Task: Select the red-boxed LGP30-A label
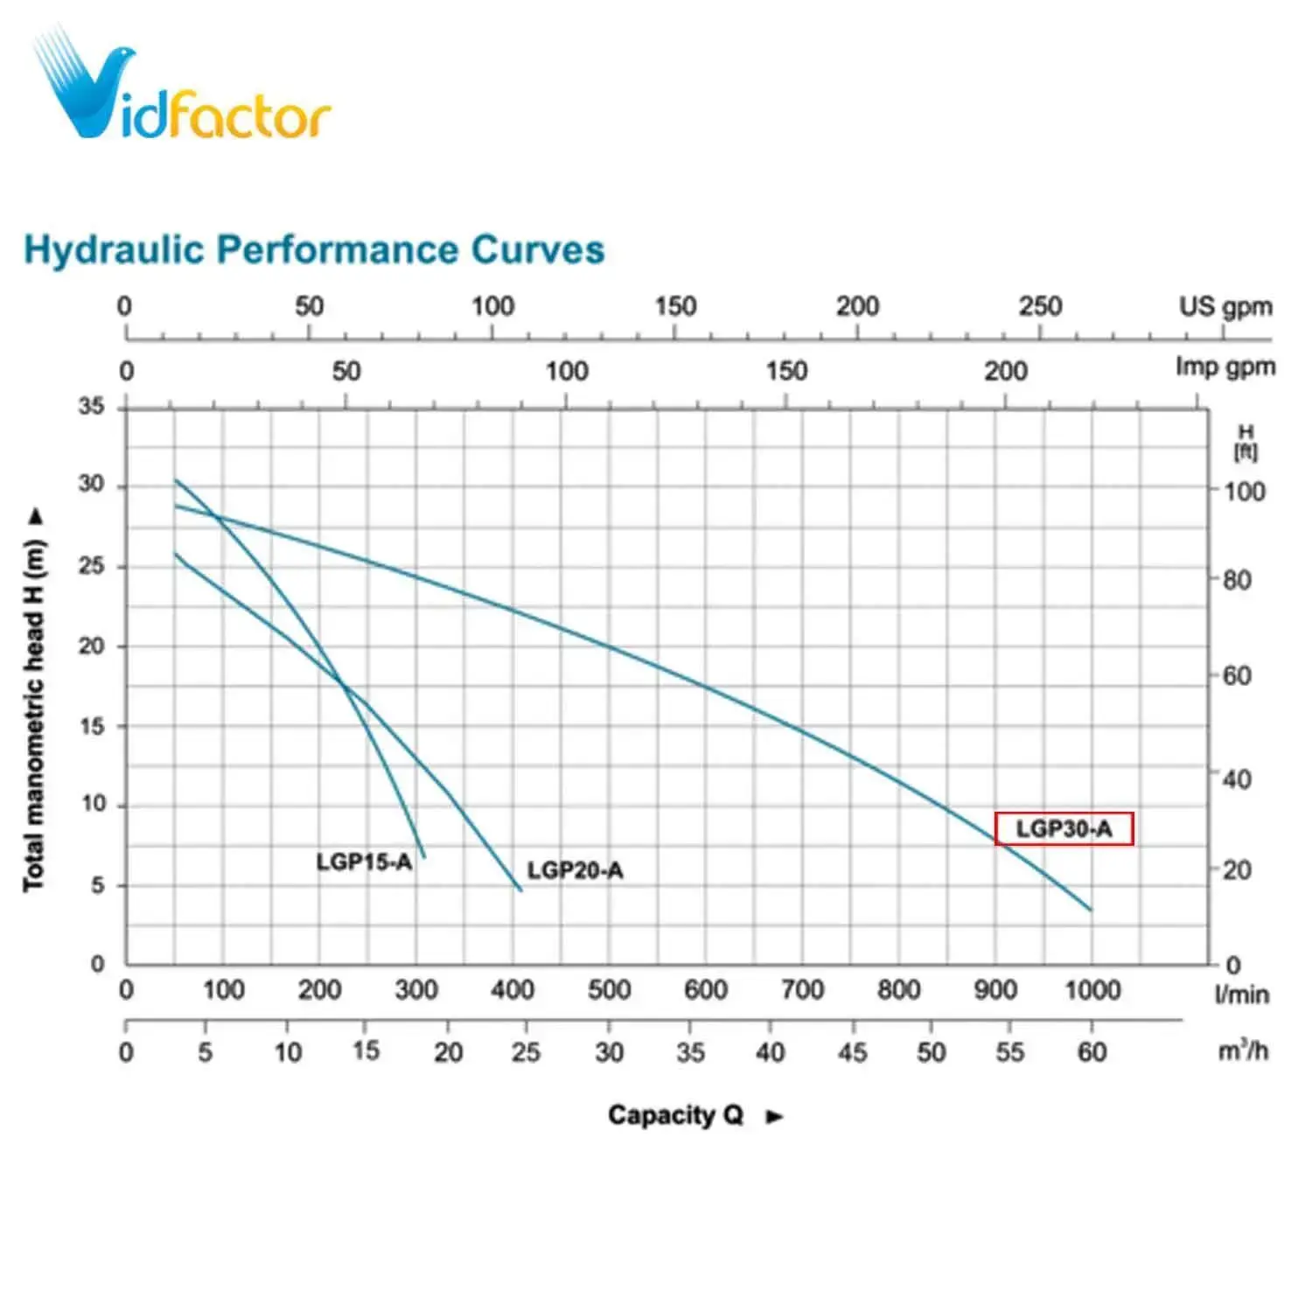(1064, 828)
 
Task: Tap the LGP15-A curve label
(364, 862)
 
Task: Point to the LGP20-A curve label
(575, 870)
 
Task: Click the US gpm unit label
(1225, 307)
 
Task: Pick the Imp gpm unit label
(1225, 366)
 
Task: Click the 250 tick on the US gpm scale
(1040, 306)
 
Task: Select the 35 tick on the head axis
(91, 406)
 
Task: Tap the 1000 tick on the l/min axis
(1092, 990)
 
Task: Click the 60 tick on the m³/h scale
(1092, 1051)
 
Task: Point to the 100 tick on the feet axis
(1244, 492)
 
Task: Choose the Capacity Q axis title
(675, 1115)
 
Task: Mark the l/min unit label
(1241, 994)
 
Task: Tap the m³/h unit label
(1243, 1050)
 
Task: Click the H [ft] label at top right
(1246, 443)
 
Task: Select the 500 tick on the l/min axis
(609, 990)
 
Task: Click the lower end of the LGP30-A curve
(1090, 910)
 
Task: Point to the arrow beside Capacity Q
(774, 1116)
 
